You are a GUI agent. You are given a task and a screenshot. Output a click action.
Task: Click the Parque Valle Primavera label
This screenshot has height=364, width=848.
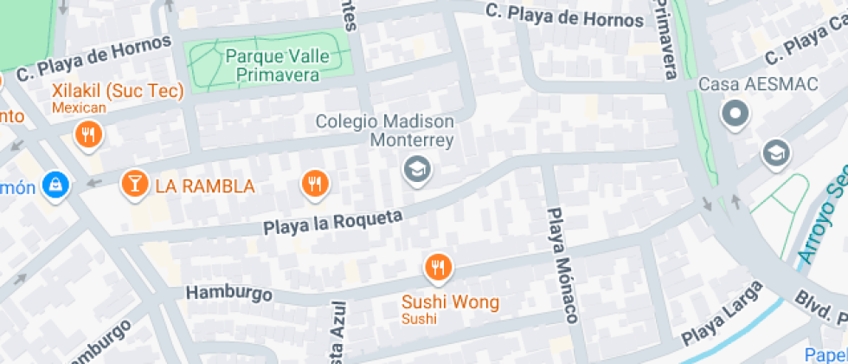271,65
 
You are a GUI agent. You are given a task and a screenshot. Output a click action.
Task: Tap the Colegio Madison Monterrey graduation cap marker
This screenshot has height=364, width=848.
418,169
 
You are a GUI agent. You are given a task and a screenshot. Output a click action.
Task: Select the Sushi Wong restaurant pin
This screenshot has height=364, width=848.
439,268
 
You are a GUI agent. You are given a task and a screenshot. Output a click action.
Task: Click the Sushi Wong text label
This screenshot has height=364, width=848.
450,302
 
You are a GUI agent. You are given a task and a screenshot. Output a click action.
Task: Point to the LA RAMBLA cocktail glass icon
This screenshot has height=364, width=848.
134,183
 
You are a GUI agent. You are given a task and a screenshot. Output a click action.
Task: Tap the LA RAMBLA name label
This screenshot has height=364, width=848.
205,185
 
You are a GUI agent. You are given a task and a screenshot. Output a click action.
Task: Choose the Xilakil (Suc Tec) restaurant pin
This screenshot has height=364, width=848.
88,134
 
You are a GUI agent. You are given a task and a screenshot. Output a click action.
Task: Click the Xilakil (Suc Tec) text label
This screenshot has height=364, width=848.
118,91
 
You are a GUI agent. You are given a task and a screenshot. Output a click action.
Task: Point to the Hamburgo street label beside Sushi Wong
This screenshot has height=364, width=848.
229,293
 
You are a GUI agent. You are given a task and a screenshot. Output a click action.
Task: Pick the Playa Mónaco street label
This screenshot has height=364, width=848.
563,266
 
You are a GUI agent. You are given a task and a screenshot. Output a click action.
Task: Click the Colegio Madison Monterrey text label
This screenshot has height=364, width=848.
384,131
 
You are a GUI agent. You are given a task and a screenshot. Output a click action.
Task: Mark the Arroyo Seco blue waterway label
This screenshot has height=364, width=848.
819,221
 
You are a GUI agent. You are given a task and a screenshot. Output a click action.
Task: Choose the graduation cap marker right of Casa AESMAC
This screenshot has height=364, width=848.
776,154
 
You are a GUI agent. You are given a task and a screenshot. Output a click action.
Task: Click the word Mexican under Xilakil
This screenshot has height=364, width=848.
79,107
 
